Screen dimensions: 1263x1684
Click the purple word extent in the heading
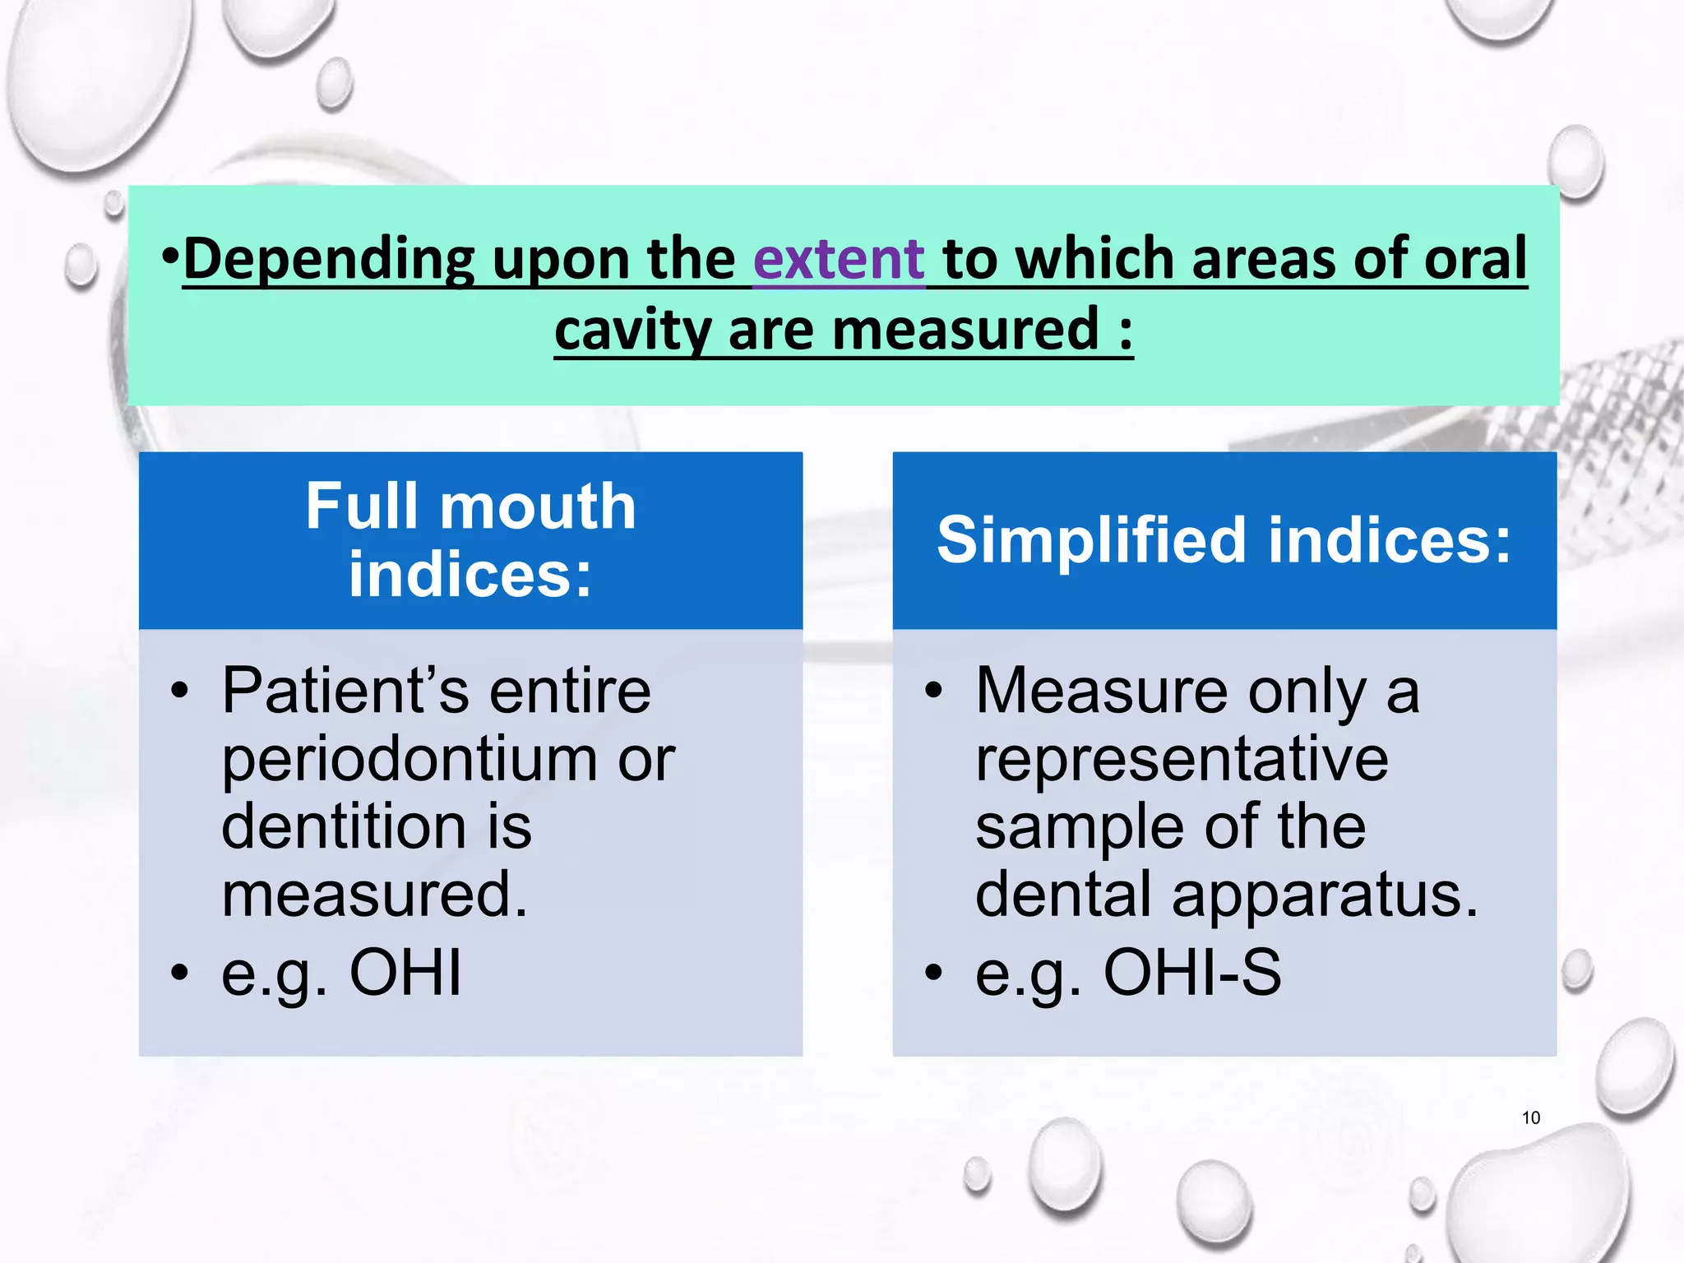pos(839,259)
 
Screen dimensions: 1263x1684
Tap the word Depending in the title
pos(328,261)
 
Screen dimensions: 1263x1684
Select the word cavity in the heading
pos(631,331)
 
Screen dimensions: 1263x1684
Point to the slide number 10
pos(1530,1117)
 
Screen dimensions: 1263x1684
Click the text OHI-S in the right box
pos(1191,973)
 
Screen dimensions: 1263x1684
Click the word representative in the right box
pos(1182,759)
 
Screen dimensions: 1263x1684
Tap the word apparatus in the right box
pos(1324,895)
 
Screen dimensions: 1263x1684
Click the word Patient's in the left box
pos(345,691)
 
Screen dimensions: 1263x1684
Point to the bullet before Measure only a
pos(932,692)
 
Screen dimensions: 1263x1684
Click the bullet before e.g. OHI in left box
pos(179,974)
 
